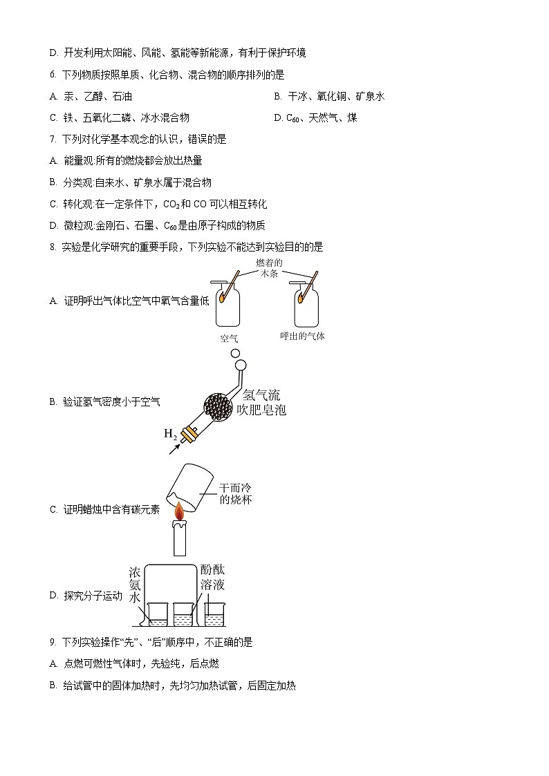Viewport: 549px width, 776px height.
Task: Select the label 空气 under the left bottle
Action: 229,339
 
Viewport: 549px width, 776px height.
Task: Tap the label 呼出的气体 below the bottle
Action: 302,337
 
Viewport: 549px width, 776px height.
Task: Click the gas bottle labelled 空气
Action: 229,307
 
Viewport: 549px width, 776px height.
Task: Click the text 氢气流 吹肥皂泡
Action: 263,402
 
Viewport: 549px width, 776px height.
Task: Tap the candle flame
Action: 180,512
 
